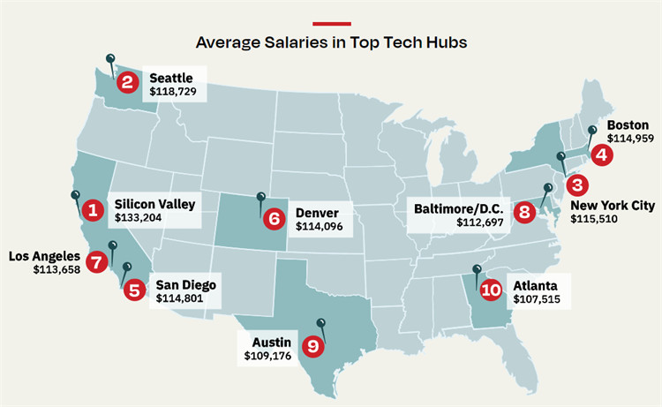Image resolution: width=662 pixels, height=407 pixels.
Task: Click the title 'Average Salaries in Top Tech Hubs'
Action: pyautogui.click(x=331, y=41)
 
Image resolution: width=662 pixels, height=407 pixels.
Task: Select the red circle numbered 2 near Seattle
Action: pyautogui.click(x=128, y=83)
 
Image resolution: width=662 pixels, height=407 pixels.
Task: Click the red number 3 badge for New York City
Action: pyautogui.click(x=576, y=185)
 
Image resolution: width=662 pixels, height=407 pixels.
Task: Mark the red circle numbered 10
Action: pyautogui.click(x=491, y=288)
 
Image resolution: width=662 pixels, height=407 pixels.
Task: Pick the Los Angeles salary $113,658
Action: pyautogui.click(x=56, y=269)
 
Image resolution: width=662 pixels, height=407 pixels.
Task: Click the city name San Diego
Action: pyautogui.click(x=185, y=285)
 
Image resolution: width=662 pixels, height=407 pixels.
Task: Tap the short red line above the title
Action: pyautogui.click(x=331, y=21)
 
